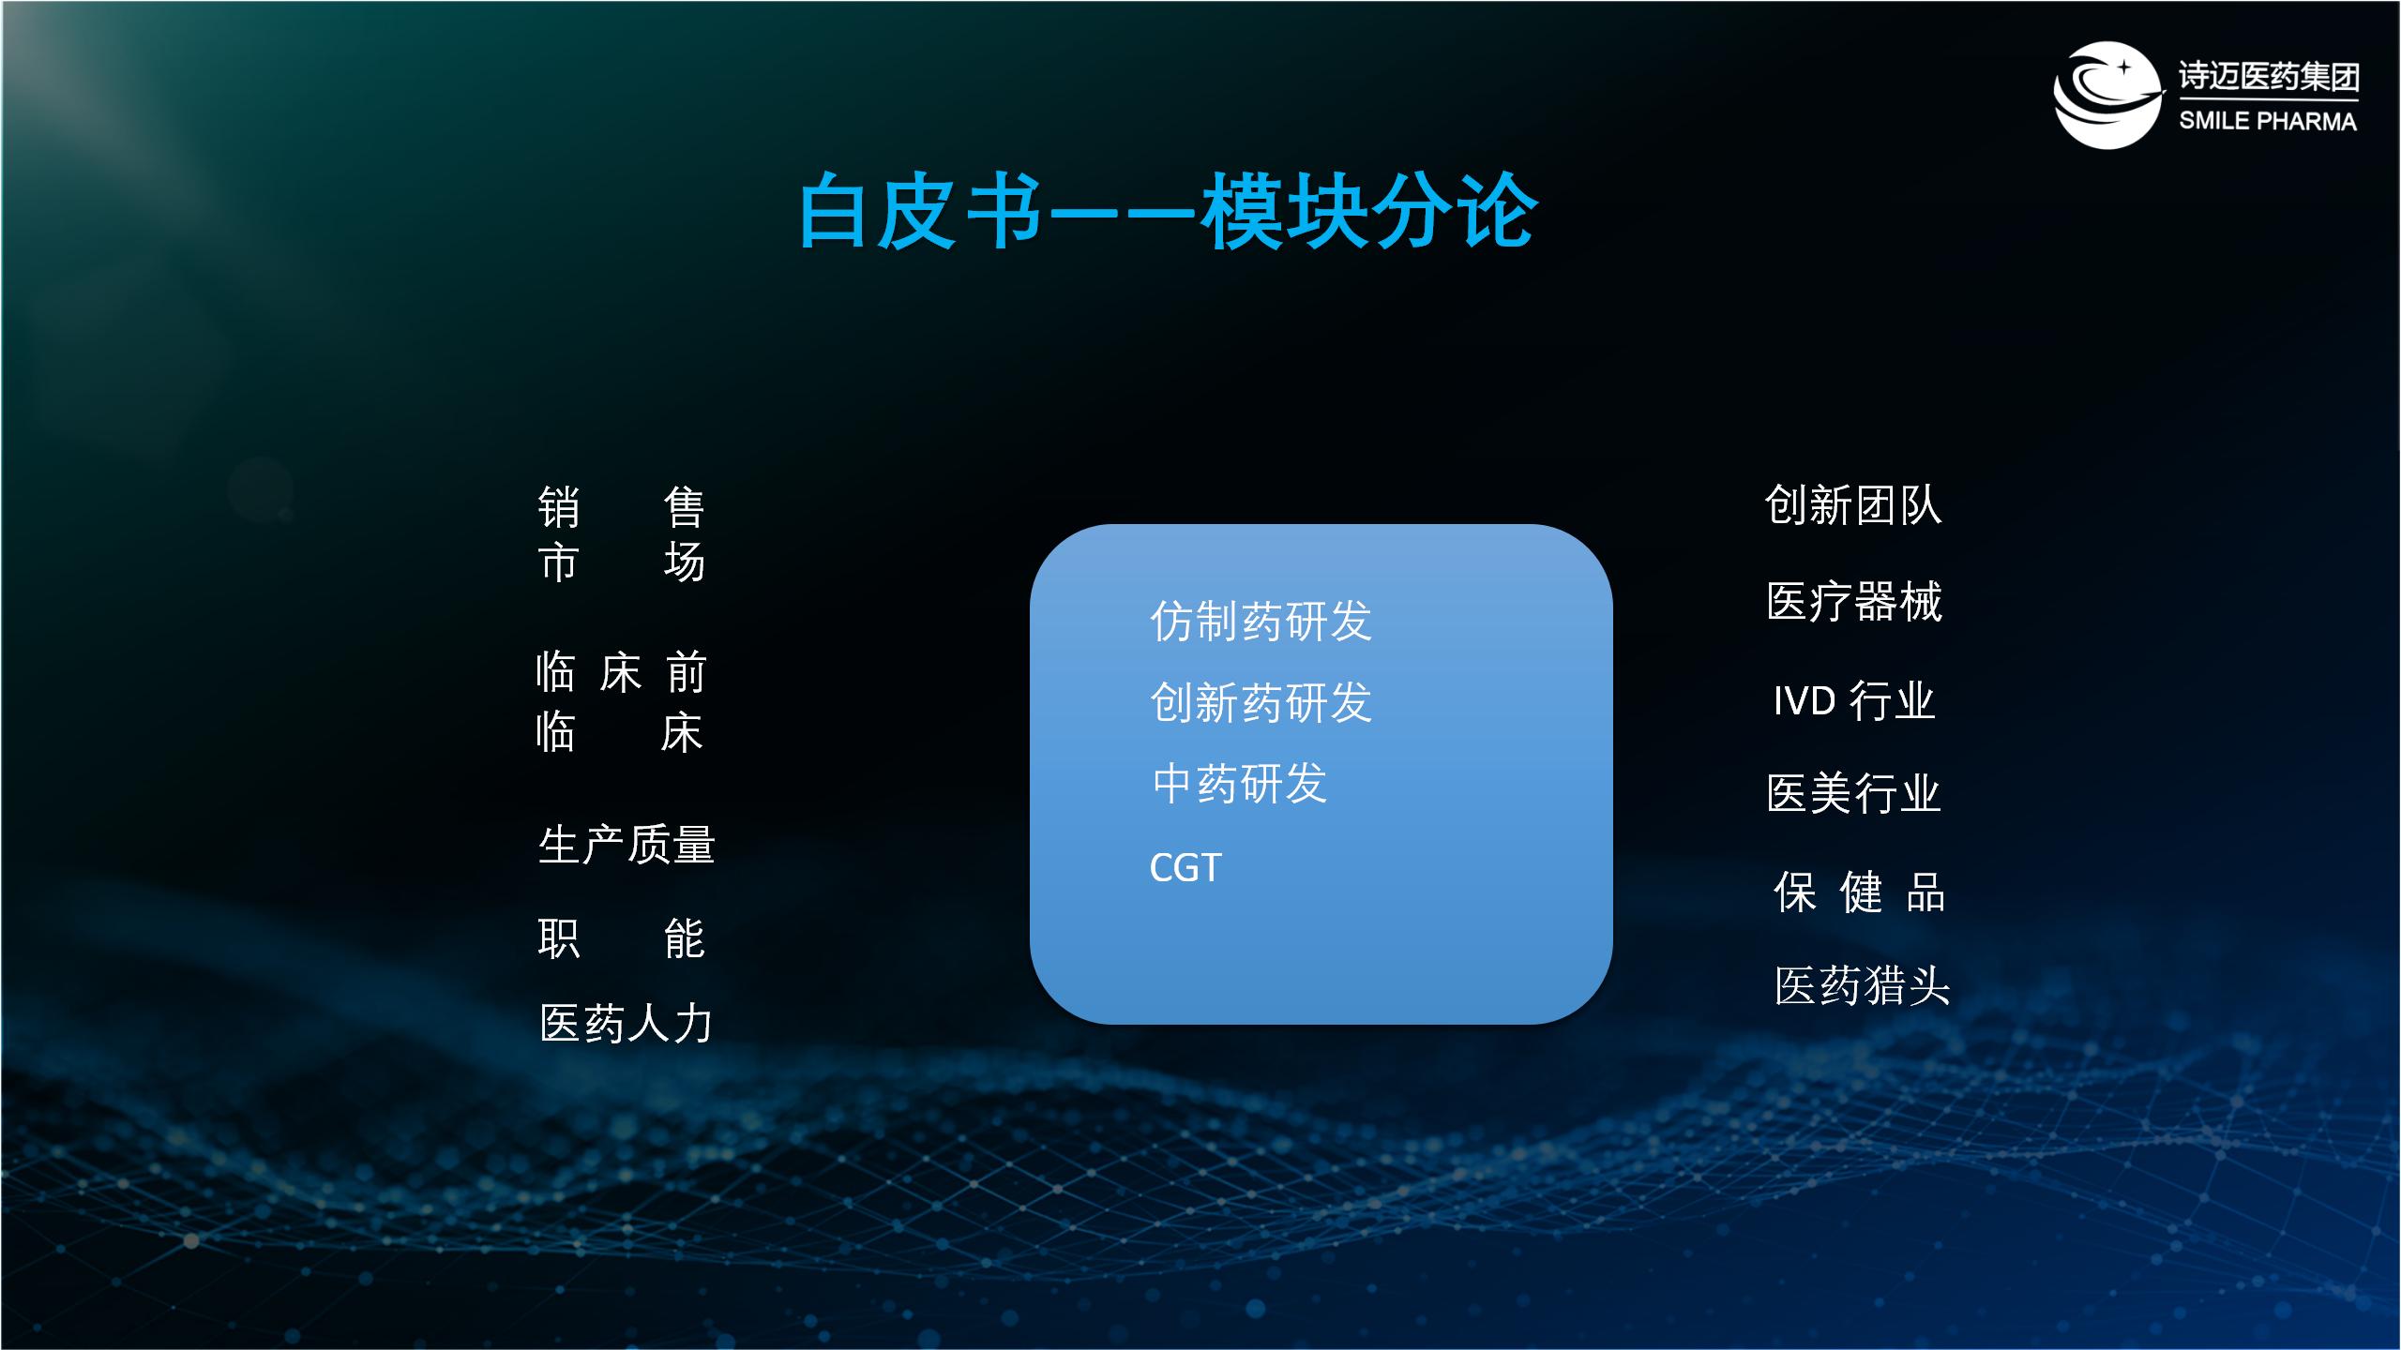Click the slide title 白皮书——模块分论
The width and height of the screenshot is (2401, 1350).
point(1168,212)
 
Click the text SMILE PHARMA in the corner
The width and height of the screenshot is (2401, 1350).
point(2267,121)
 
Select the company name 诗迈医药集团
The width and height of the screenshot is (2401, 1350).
point(2268,76)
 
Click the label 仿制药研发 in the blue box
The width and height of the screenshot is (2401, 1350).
point(1261,622)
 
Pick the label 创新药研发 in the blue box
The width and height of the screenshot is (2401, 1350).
point(1261,702)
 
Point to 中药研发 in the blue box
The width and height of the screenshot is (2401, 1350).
point(1239,784)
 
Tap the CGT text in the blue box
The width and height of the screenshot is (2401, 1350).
point(1185,867)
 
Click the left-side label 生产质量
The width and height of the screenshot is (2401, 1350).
point(627,844)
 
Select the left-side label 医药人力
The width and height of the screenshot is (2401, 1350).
point(627,1023)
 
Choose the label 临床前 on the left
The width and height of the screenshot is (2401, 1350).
point(620,672)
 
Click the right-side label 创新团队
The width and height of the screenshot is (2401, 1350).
point(1852,505)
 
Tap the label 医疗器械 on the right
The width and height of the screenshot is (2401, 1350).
point(1854,601)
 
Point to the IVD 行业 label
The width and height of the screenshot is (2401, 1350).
point(1854,700)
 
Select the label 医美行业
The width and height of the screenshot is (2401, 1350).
point(1853,793)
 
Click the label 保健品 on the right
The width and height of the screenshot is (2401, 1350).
point(1859,892)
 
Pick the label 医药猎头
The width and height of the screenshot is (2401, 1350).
point(1862,985)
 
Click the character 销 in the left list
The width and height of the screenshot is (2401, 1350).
point(558,507)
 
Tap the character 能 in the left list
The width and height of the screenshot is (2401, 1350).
point(684,938)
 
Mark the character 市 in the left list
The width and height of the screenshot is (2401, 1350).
point(558,562)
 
